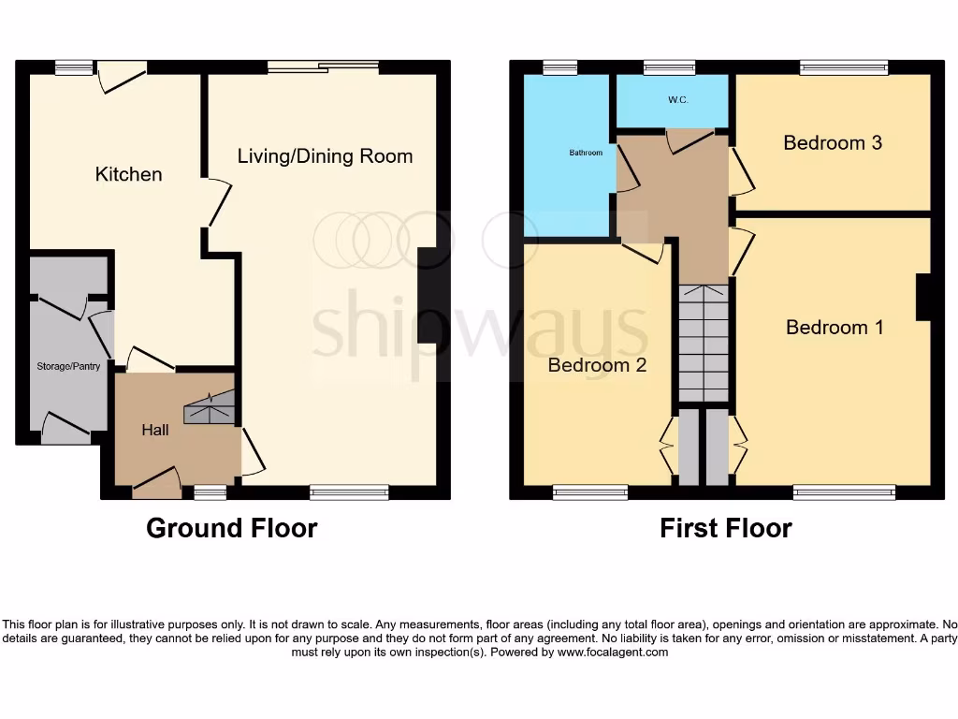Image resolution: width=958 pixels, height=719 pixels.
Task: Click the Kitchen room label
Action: click(x=128, y=174)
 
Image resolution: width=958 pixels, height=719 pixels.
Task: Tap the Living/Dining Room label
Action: click(x=325, y=155)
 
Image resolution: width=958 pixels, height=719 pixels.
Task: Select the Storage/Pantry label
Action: click(x=68, y=366)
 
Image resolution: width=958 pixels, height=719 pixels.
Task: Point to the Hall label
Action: click(x=155, y=430)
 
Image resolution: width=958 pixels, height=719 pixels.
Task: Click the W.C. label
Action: click(x=678, y=99)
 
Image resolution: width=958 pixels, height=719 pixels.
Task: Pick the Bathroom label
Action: click(x=587, y=152)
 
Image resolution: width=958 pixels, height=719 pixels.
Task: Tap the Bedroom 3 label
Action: click(x=833, y=142)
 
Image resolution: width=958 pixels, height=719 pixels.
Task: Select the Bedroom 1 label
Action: click(x=835, y=327)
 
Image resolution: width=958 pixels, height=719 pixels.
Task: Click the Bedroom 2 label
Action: click(x=597, y=364)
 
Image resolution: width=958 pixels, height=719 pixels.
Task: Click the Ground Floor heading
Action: click(x=231, y=528)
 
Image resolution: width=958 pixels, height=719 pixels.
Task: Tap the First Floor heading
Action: click(x=725, y=528)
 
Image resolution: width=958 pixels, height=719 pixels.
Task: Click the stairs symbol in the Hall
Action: click(x=208, y=410)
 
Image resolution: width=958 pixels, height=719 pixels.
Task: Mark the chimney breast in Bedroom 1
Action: click(x=923, y=297)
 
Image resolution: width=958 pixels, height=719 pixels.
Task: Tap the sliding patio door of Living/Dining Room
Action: click(x=323, y=66)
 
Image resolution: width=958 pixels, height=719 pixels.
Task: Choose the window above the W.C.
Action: click(x=669, y=66)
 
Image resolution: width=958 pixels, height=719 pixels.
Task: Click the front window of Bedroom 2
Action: click(x=589, y=492)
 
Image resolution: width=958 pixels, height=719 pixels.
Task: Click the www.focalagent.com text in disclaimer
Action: click(x=613, y=653)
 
